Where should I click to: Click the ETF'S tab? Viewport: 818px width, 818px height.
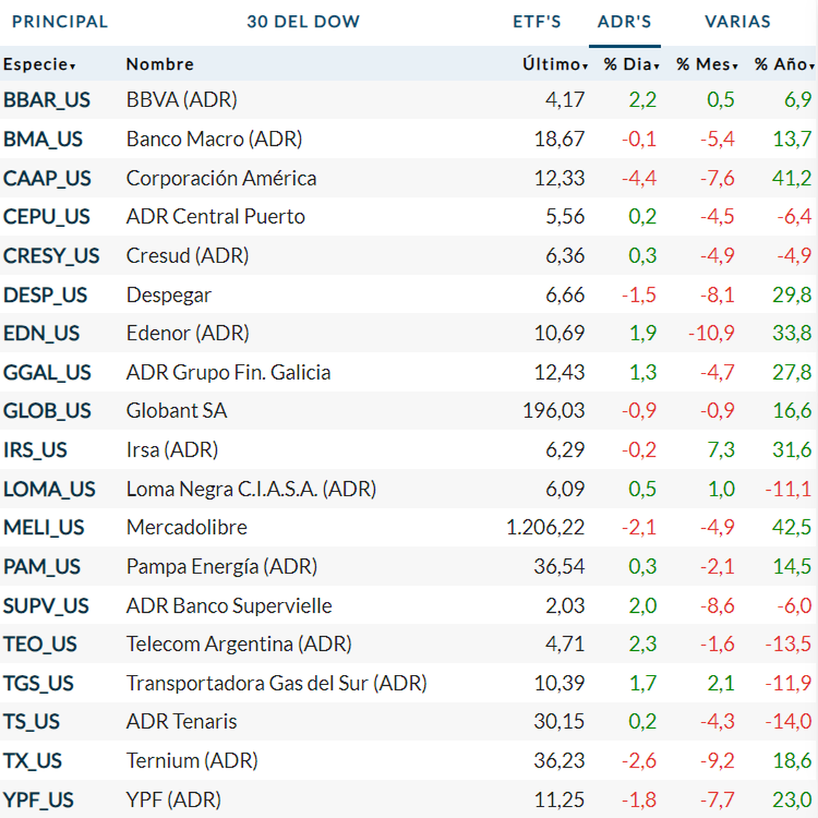coord(536,22)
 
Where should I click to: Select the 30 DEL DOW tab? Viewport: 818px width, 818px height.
coord(303,22)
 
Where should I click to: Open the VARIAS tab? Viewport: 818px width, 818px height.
coord(738,22)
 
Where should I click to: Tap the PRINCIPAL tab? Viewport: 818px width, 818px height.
coord(60,22)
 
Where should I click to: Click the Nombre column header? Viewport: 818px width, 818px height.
coord(160,65)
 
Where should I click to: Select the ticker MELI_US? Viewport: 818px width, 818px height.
coord(44,528)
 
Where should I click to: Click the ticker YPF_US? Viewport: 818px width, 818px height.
coord(38,800)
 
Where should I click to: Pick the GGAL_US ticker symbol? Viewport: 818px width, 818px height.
coord(47,372)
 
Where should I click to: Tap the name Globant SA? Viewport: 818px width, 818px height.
coord(177,411)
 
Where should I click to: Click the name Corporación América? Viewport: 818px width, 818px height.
coord(221,179)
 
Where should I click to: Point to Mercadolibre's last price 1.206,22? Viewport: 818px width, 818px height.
coord(545,528)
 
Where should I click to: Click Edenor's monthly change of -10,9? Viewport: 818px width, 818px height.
coord(711,333)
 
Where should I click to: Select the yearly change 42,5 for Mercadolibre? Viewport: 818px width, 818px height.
coord(791,528)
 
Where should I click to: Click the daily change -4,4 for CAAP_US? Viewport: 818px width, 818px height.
coord(639,179)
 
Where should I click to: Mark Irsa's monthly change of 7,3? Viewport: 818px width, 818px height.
coord(721,450)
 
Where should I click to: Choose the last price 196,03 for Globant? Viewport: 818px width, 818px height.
coord(554,411)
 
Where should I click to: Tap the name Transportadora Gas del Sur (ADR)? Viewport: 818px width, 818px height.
coord(276,683)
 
